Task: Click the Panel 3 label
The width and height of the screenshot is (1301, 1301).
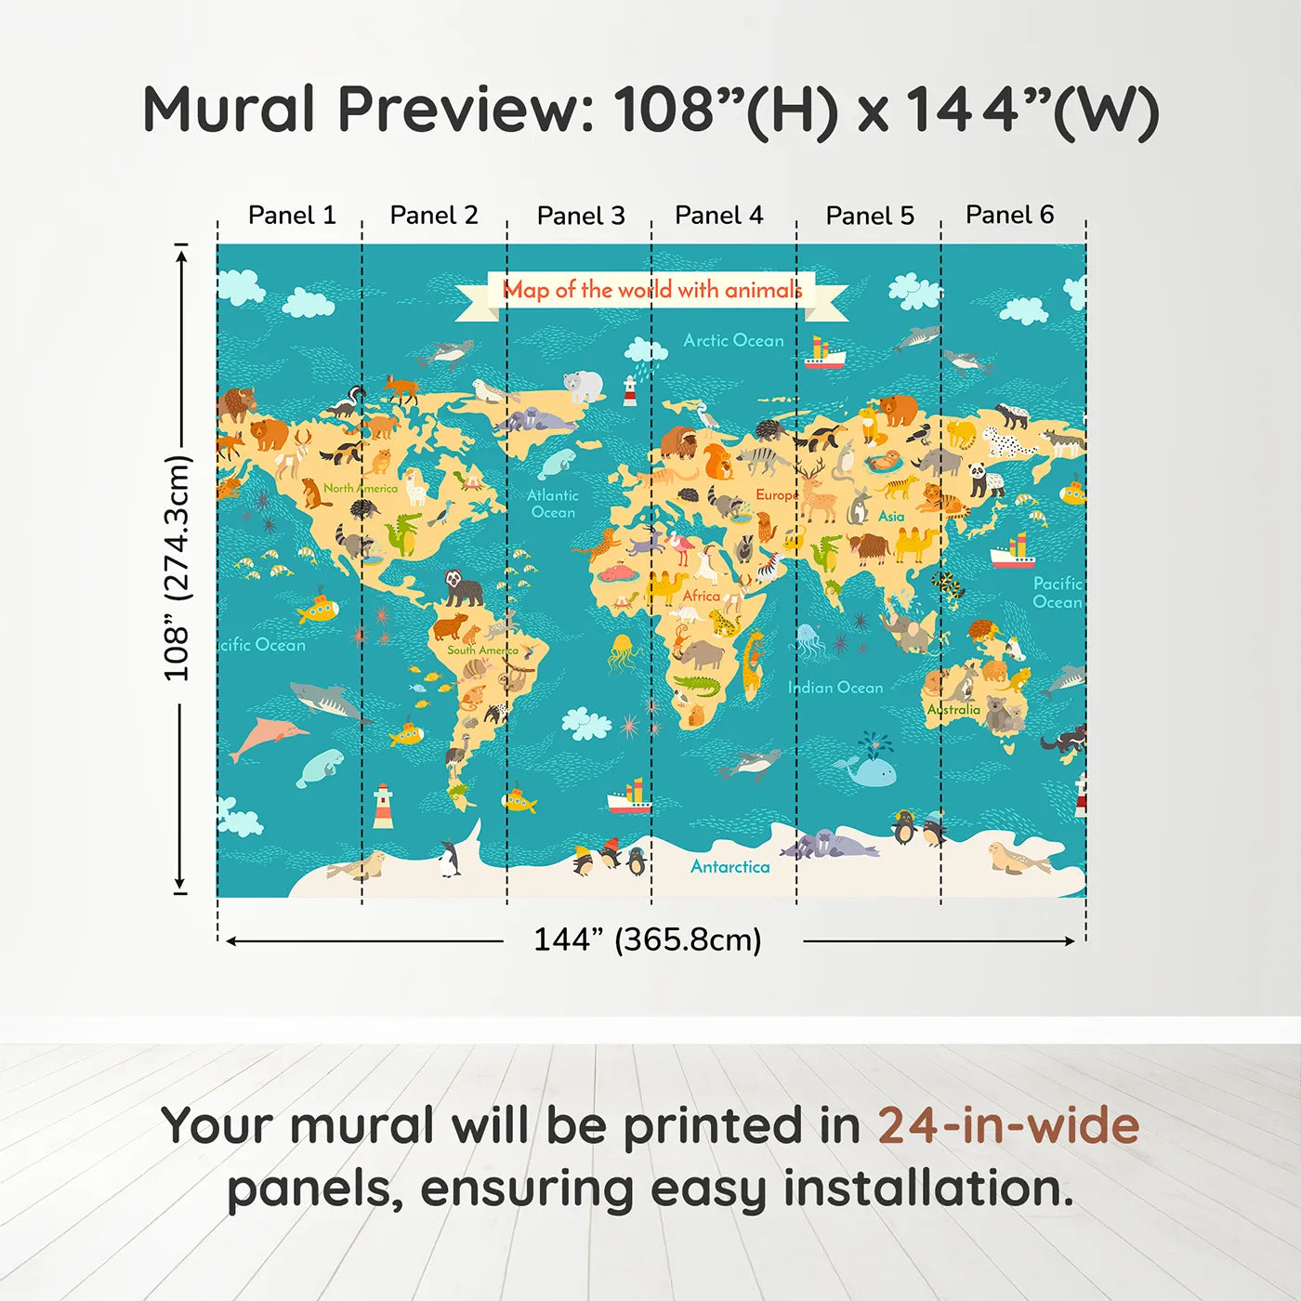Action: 581,216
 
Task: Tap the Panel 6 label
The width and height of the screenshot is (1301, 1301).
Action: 1009,215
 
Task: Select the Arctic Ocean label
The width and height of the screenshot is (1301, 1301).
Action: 733,340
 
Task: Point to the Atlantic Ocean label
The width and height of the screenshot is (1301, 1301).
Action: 553,504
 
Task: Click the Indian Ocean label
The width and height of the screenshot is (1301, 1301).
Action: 835,688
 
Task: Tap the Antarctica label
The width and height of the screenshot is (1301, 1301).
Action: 729,866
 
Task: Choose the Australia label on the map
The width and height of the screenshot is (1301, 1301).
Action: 953,709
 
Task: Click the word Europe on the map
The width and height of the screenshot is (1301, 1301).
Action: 776,495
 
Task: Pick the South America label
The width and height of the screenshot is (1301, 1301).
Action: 482,650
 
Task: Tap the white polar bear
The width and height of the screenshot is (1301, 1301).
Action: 584,386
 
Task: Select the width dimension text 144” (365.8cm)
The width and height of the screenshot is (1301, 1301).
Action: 648,940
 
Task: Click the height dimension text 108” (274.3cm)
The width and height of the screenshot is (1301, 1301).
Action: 177,568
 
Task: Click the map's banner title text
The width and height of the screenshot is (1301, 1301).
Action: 652,290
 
